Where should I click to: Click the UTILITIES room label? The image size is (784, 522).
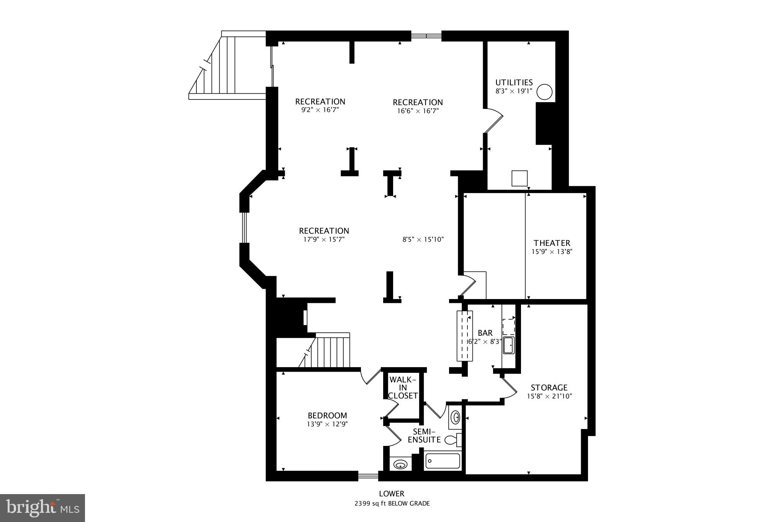click(514, 83)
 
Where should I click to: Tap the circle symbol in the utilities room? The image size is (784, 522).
click(544, 92)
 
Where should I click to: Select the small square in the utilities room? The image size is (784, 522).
click(519, 178)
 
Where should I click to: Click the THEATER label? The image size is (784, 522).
click(552, 243)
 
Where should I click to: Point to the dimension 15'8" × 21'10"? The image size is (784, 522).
click(549, 397)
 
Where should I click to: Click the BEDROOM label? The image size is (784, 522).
click(327, 415)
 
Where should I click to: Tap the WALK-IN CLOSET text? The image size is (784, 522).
click(403, 388)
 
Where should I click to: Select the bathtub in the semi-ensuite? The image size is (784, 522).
click(442, 461)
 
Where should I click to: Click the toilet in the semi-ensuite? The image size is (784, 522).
click(452, 440)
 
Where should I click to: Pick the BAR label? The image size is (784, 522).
click(485, 333)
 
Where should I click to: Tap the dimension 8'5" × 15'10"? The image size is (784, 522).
click(423, 240)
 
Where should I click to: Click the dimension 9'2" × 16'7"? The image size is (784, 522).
click(320, 110)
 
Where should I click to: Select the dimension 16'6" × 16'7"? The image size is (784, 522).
click(418, 111)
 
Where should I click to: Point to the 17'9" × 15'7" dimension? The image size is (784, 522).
click(324, 240)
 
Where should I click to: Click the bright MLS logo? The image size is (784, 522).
click(42, 507)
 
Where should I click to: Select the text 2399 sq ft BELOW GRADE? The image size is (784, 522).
click(392, 504)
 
